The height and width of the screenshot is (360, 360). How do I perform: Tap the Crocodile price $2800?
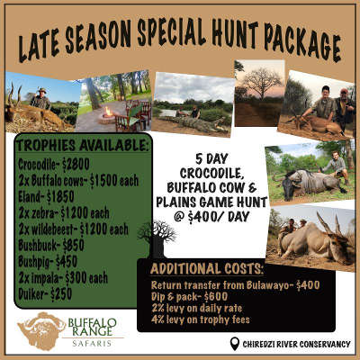(76, 164)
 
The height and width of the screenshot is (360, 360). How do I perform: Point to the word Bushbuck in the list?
(38, 246)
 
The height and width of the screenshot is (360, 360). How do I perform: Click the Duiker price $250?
(61, 294)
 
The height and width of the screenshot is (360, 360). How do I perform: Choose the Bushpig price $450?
(66, 262)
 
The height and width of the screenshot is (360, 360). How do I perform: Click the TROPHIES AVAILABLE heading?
(83, 146)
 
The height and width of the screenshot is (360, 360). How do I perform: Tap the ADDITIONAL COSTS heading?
(207, 268)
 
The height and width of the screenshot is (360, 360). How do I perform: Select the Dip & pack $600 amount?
(215, 296)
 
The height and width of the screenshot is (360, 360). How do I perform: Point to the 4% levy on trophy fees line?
(201, 319)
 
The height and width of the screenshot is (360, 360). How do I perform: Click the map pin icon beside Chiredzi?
(235, 344)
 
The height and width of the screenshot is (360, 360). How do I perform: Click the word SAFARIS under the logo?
(92, 343)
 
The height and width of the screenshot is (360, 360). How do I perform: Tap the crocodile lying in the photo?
(195, 122)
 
